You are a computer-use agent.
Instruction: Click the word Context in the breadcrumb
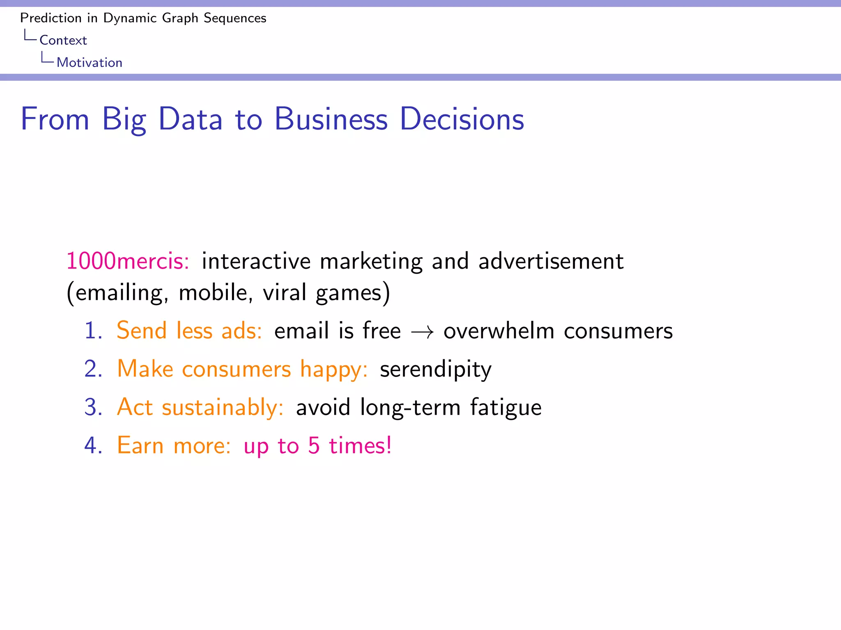pos(63,40)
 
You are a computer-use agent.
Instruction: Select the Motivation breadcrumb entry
pos(90,62)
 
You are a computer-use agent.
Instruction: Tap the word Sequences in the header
pos(235,18)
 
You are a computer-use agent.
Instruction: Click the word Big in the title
pos(124,119)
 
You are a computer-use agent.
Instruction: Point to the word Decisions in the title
pos(462,119)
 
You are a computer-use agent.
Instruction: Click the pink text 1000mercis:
pos(128,261)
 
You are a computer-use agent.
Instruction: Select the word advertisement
pos(551,261)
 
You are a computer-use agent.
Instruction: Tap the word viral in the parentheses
pos(285,292)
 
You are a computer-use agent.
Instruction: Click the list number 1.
pos(92,331)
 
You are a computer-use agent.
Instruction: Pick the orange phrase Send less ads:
pos(189,331)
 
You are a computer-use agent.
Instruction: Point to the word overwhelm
pos(499,331)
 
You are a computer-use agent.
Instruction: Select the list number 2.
pos(92,369)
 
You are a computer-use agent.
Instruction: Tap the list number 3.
pos(92,407)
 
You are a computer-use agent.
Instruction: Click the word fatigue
pos(506,408)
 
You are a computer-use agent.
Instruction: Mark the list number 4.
pos(92,445)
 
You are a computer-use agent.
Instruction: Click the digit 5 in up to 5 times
pos(314,445)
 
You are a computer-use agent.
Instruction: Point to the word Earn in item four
pos(140,445)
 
